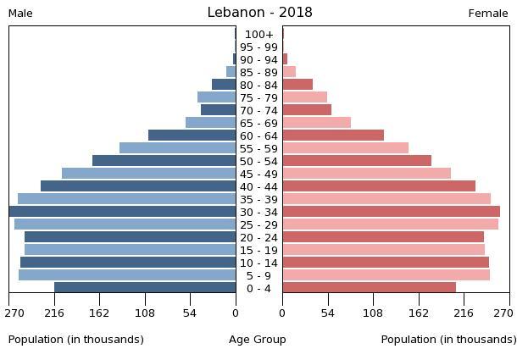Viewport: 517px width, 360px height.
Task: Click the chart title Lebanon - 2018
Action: [x=259, y=13]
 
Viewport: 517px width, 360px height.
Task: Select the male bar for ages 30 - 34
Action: [x=123, y=212]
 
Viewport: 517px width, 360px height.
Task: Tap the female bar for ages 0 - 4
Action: [x=369, y=288]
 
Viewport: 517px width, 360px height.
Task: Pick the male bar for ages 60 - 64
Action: [x=192, y=136]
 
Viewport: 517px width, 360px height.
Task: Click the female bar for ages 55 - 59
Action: [x=345, y=148]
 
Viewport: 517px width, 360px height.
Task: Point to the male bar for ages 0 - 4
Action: [x=145, y=288]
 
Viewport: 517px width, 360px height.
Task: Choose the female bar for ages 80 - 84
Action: [x=297, y=85]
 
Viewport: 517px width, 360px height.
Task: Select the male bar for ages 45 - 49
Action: [x=149, y=174]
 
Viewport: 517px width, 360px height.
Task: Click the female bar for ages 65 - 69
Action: [x=316, y=123]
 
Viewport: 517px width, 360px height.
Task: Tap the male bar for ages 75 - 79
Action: [x=217, y=97]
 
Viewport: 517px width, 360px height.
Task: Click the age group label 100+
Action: [x=258, y=35]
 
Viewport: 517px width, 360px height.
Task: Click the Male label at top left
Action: [x=20, y=14]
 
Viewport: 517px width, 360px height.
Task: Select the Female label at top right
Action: [x=488, y=14]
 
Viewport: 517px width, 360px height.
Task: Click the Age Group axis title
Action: [x=258, y=340]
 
